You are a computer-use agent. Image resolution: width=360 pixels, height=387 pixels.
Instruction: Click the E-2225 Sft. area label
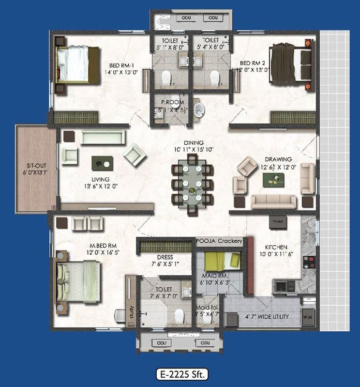[182, 374]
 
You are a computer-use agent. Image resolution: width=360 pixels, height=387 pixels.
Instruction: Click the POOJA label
[205, 241]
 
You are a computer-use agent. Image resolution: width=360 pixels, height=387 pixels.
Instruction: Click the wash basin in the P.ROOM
[198, 110]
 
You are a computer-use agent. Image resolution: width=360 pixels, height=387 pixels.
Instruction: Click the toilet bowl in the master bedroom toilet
[179, 315]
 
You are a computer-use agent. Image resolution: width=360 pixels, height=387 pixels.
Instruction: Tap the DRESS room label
[165, 257]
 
